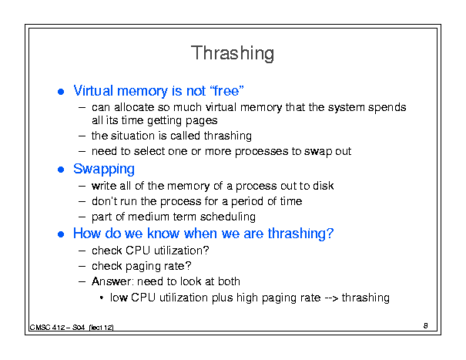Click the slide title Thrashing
coord(233,53)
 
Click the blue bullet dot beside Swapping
coord(61,170)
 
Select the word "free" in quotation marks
coord(226,90)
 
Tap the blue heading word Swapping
coord(104,170)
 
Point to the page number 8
coord(426,326)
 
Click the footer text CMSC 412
coord(47,328)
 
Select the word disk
coord(324,186)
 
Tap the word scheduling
coord(228,217)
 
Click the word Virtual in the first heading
coord(93,90)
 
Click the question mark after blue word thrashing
coord(330,234)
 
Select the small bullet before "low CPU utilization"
coord(102,298)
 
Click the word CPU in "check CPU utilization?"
coord(138,251)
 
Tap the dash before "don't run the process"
coord(82,202)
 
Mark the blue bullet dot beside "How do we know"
coord(61,234)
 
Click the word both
coord(229,281)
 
